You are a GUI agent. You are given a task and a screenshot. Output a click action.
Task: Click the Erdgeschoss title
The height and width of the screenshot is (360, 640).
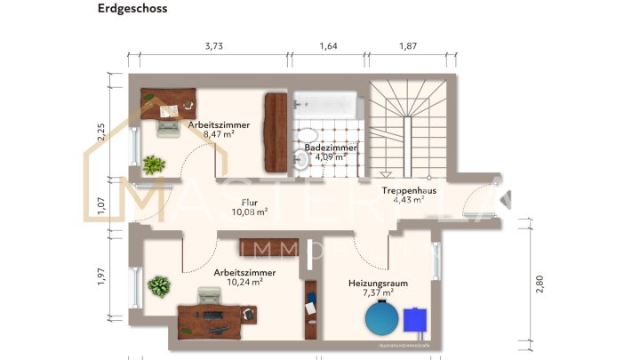132,9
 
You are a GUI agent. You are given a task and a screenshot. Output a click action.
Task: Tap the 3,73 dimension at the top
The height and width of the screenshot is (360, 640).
212,46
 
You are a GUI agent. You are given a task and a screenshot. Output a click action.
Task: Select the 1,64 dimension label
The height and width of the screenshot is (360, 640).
328,46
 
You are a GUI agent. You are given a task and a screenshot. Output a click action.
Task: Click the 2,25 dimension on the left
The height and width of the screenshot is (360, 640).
101,131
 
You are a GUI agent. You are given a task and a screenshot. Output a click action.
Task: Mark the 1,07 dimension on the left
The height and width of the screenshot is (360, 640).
101,204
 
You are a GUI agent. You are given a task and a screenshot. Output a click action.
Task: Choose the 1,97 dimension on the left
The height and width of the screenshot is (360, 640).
101,276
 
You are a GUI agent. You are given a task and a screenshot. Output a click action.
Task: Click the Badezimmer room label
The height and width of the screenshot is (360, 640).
331,148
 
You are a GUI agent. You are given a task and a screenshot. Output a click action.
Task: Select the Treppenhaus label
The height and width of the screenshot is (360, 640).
408,190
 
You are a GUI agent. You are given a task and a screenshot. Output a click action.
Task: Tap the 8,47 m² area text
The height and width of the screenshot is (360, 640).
218,134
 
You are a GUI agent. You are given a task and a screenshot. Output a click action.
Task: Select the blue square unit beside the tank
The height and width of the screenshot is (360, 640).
414,319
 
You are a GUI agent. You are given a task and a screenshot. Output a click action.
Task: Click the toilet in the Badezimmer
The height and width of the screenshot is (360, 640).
302,158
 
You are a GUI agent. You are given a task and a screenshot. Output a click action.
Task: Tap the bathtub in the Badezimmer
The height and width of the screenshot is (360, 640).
328,106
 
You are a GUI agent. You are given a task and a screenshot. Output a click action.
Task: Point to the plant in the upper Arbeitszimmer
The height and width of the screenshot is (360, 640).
154,164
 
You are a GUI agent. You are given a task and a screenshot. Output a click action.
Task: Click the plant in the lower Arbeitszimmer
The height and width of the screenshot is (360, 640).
158,286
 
